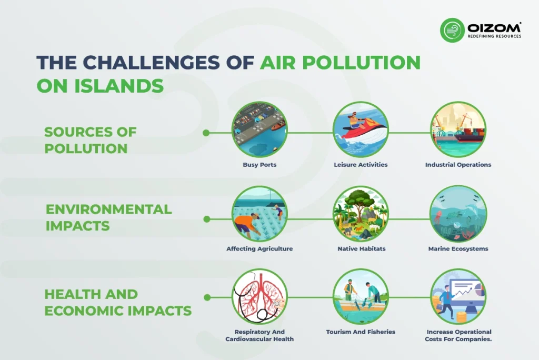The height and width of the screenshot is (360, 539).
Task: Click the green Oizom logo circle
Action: [452, 30]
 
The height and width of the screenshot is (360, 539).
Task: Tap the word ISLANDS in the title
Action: [119, 86]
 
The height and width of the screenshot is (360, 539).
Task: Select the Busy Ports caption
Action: [259, 165]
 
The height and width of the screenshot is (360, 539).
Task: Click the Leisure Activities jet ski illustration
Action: [361, 129]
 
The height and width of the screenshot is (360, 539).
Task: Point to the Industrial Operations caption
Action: [458, 165]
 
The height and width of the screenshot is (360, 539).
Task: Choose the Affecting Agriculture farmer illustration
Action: [259, 214]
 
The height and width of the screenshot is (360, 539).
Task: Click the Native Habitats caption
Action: [361, 248]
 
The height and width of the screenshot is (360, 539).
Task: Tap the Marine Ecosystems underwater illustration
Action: [458, 214]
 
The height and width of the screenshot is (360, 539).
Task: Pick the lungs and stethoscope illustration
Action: [259, 297]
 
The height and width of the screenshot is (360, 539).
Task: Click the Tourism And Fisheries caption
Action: [361, 332]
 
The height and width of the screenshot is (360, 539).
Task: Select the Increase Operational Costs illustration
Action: [458, 297]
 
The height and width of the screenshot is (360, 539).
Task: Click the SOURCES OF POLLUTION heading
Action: [91, 141]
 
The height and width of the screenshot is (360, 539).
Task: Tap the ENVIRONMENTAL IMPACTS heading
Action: [108, 218]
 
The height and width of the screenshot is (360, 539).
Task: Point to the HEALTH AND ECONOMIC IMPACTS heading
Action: [118, 303]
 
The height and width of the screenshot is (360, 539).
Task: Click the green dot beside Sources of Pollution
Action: [206, 133]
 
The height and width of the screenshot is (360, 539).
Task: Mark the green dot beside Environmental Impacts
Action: [206, 219]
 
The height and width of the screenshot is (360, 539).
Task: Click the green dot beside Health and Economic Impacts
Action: [207, 297]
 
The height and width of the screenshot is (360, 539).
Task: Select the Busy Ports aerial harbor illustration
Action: [259, 129]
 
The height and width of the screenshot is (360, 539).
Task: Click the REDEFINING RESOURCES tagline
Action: [494, 36]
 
